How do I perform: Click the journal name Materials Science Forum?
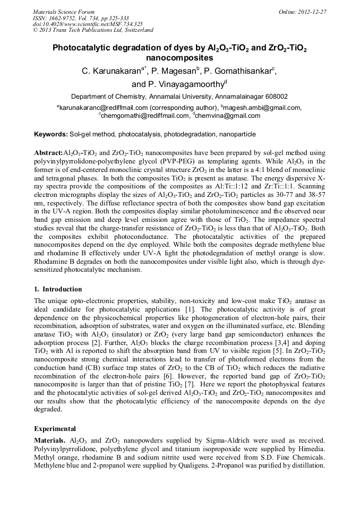point(64,11)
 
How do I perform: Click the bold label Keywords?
point(51,134)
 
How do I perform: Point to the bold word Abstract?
point(48,152)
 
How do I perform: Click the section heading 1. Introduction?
point(58,289)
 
